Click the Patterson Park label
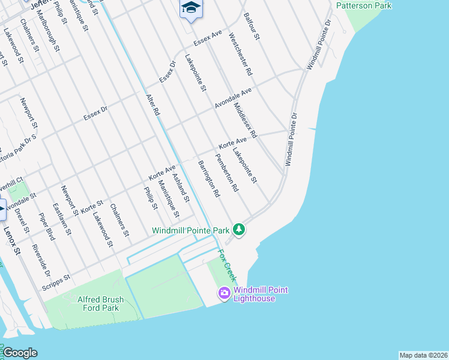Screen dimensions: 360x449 tap(364, 6)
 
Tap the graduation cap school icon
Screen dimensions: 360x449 tap(191, 8)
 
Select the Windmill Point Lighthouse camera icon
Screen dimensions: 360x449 tap(224, 293)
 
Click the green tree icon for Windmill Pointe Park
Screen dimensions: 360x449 tap(240, 229)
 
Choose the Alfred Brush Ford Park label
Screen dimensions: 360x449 tap(101, 304)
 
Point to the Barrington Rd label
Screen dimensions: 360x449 tap(209, 179)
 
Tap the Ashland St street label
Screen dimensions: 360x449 tap(181, 186)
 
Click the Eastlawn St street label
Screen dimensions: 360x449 tap(62, 218)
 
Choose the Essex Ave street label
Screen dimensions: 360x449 tap(208, 39)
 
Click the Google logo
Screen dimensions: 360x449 tap(19, 353)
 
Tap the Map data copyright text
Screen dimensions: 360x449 tap(423, 355)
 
